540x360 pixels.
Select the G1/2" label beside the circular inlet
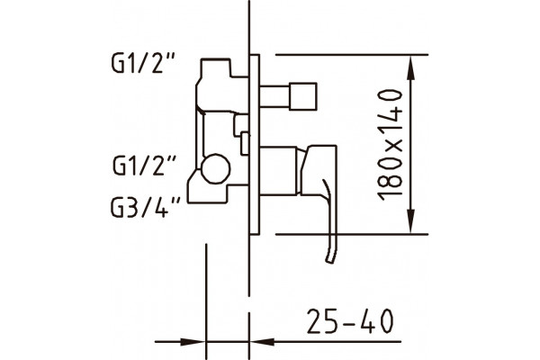point(145,166)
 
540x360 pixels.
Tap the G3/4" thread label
point(145,207)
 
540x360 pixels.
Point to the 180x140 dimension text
point(391,145)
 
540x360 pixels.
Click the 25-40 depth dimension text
point(350,321)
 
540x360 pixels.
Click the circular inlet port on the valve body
point(216,168)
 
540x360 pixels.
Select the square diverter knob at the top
point(302,96)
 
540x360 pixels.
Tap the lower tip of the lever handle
point(330,261)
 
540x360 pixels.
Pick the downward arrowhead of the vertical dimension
point(410,221)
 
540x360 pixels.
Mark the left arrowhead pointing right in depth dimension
point(193,342)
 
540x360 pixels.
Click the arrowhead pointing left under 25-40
point(263,342)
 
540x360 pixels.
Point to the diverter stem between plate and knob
point(274,96)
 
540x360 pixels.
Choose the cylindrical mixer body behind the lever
point(278,171)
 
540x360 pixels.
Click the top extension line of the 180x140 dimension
point(352,55)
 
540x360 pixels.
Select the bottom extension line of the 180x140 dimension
point(352,235)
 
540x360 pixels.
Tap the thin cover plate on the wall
point(255,145)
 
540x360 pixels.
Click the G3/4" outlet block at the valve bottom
point(208,193)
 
